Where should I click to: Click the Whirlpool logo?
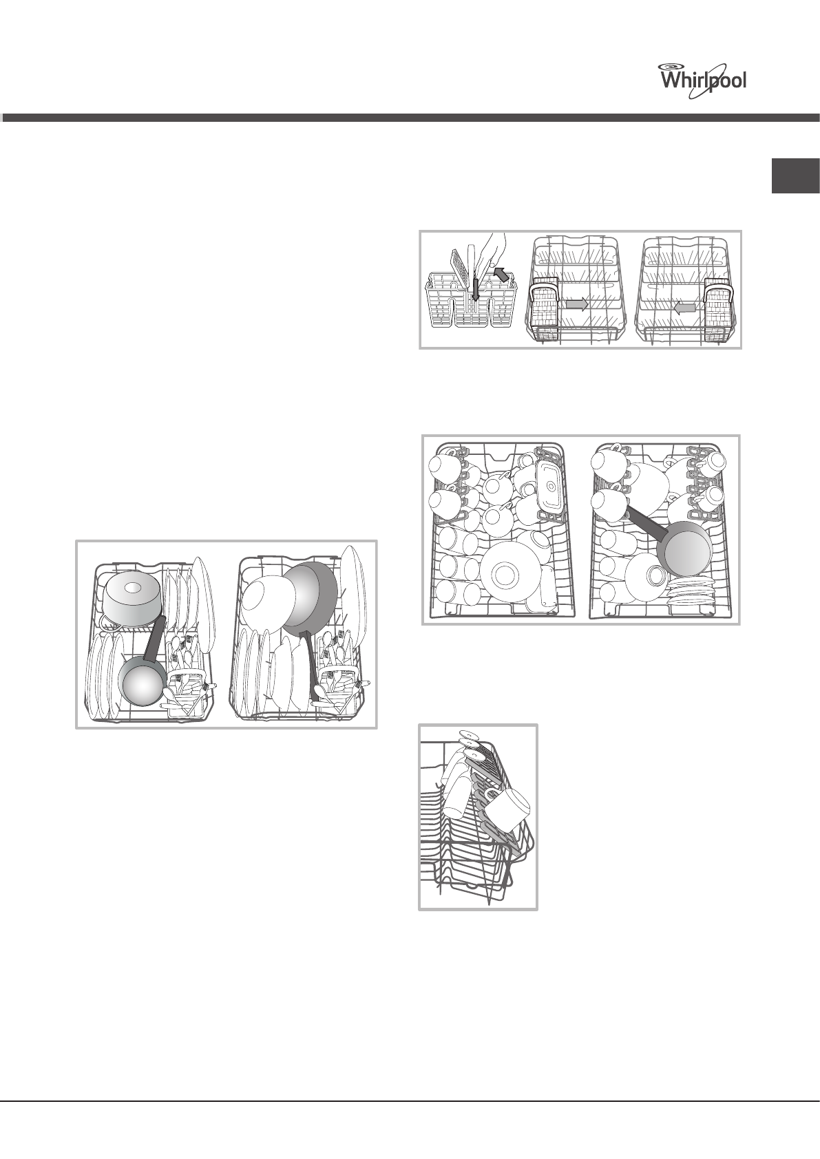tap(703, 76)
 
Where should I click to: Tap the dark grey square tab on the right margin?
tap(795, 176)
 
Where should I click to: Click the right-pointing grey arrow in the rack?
tap(575, 304)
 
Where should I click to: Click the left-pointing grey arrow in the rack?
tap(684, 309)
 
